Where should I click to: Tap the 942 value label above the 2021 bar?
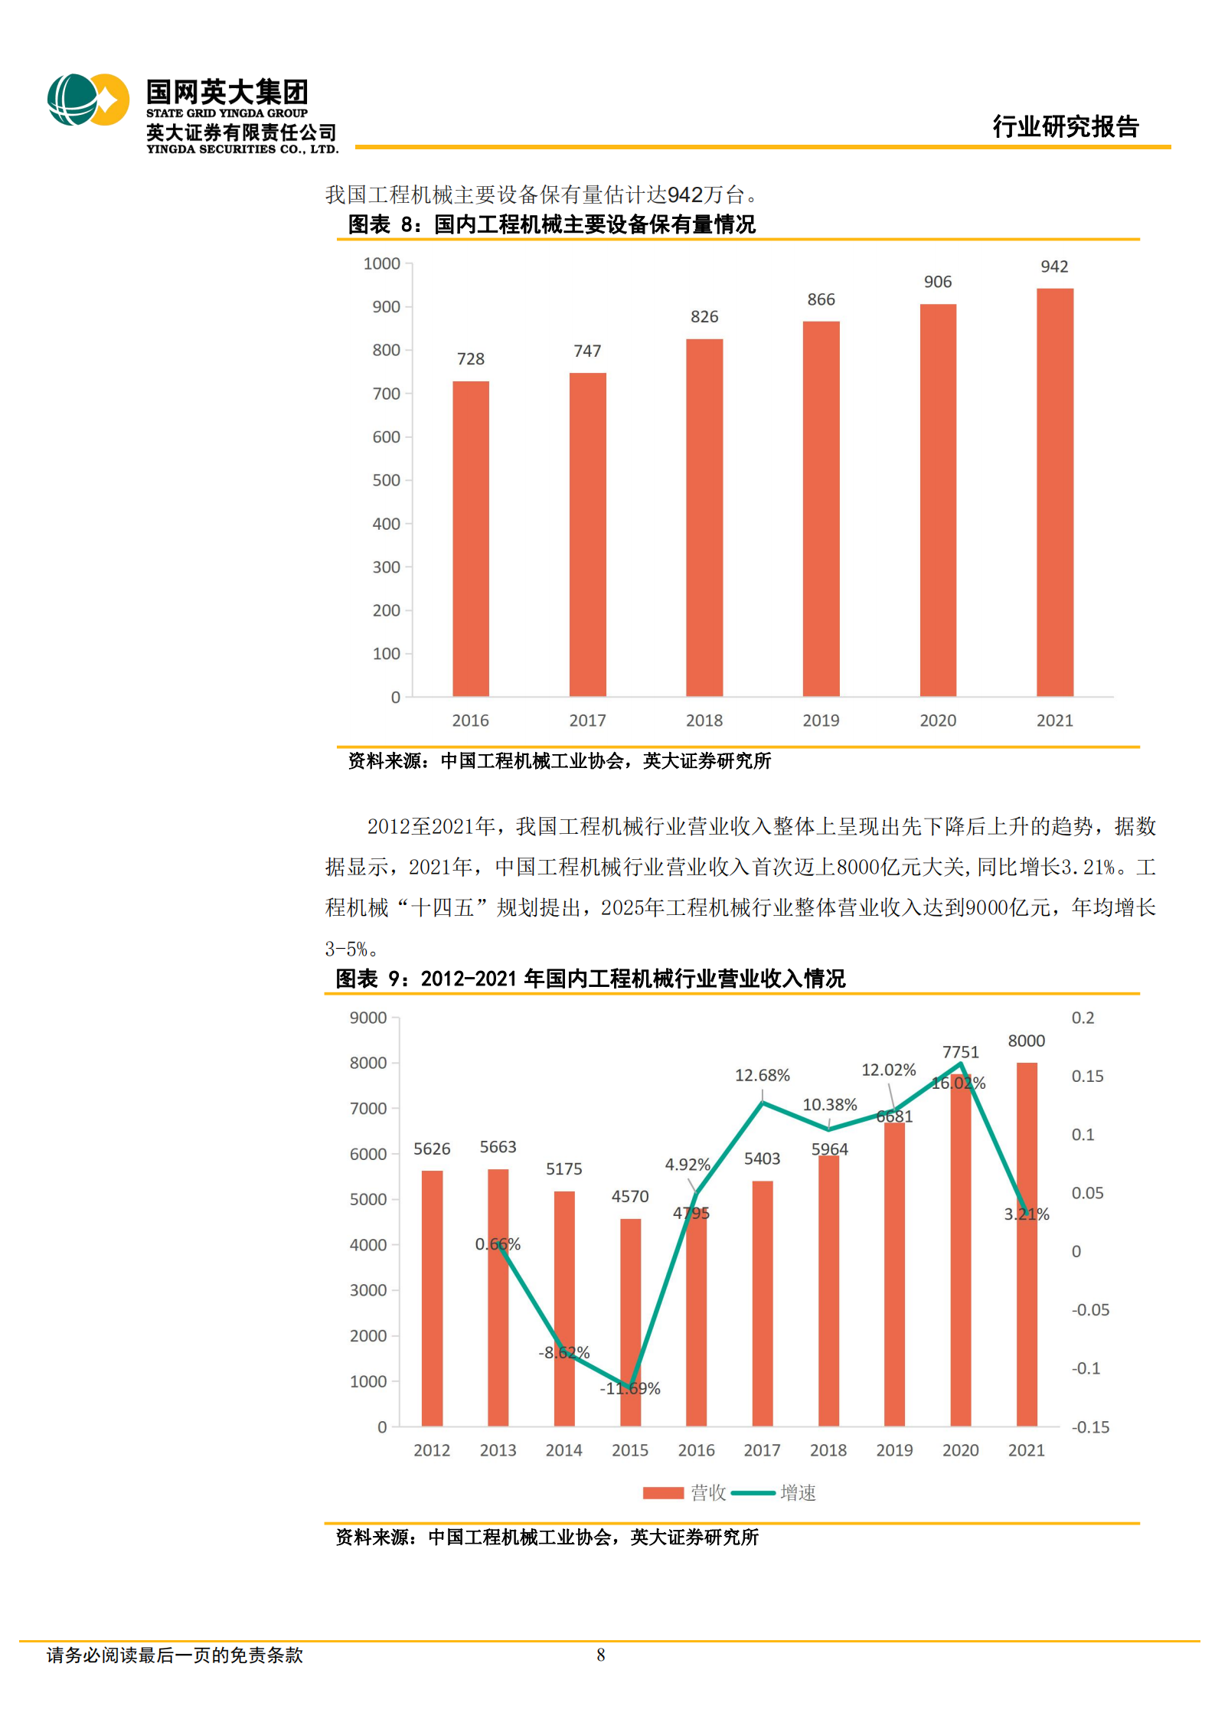(1053, 266)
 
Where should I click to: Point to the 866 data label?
(821, 299)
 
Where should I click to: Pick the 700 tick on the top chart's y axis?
(386, 394)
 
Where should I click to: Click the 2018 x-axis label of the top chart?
(704, 721)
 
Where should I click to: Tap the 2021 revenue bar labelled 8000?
(1026, 1302)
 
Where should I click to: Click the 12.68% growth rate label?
(762, 1075)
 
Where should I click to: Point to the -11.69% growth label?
(629, 1388)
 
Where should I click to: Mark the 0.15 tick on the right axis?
(1087, 1077)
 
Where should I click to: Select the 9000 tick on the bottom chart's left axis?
(368, 1018)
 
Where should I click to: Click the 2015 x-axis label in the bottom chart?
(629, 1450)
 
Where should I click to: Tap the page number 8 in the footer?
(600, 1655)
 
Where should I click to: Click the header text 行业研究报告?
(1065, 126)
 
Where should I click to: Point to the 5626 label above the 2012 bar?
(432, 1149)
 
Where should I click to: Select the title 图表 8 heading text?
(551, 224)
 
